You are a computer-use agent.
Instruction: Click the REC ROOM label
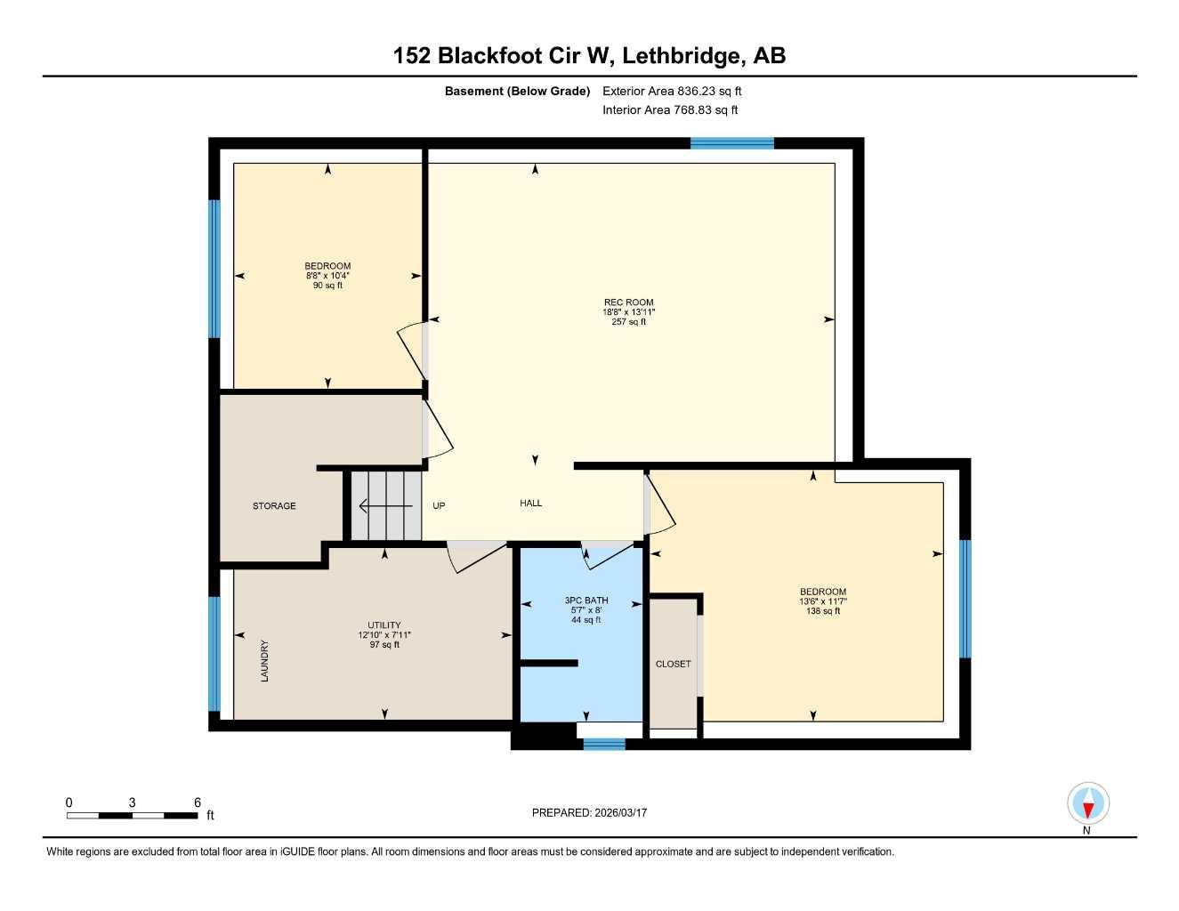point(628,302)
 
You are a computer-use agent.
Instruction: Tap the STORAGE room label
point(274,506)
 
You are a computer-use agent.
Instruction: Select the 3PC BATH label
point(586,601)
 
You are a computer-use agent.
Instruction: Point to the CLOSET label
point(673,664)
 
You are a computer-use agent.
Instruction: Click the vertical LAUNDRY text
point(264,661)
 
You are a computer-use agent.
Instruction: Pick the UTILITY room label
point(384,625)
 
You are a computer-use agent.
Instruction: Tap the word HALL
point(531,504)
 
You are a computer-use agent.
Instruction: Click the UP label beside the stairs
point(439,506)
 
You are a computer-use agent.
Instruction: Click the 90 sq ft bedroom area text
point(327,286)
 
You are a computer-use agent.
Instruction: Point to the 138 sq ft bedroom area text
point(823,611)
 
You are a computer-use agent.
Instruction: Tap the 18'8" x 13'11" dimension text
point(628,312)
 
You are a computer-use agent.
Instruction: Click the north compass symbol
point(1087,804)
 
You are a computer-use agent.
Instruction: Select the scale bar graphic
point(132,815)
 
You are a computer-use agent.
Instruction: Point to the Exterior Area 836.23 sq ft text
point(672,91)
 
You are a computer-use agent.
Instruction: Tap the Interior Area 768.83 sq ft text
point(670,110)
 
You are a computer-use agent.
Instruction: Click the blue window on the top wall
point(731,143)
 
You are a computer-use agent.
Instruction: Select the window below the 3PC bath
point(603,744)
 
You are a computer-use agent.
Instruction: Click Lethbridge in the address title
point(681,56)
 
